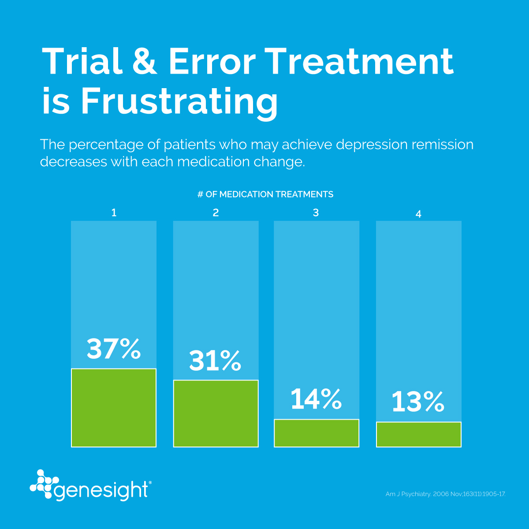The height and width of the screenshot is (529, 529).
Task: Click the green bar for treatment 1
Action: pos(114,408)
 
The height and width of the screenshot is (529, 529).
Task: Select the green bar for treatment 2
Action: pos(216,414)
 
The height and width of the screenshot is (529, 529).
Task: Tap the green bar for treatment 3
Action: pos(317,433)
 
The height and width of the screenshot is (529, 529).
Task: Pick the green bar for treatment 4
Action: pos(418,434)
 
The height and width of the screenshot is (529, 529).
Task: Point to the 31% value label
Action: pos(215,361)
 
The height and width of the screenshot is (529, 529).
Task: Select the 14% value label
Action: pos(316,399)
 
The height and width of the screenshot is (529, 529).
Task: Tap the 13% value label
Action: pos(418,402)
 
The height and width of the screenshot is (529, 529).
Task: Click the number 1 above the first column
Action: pos(114,213)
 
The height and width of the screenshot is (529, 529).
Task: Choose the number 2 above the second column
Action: pos(216,213)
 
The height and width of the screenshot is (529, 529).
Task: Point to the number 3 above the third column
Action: pos(316,213)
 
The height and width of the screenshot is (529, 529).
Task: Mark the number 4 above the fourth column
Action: pos(418,214)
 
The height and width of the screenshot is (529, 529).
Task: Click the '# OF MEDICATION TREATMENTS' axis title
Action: pos(265,194)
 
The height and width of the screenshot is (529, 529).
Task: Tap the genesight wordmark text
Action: pos(102,490)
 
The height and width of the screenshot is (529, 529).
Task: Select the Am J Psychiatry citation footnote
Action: pos(445,494)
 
